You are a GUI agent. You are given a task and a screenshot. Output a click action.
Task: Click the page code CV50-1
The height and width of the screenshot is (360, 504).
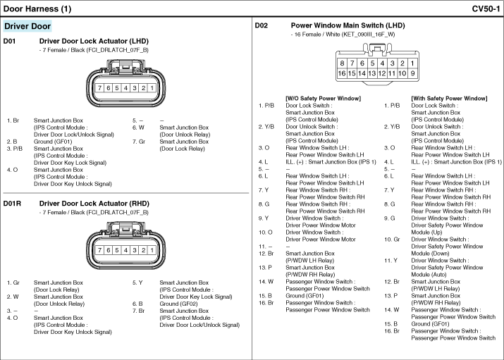pyautogui.click(x=486, y=8)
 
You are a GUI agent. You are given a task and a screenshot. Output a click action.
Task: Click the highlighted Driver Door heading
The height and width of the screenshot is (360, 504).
pyautogui.click(x=27, y=26)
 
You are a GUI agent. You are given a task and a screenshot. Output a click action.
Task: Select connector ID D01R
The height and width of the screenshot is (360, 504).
pyautogui.click(x=12, y=204)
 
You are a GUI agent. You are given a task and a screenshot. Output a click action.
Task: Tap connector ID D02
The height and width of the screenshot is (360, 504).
pyautogui.click(x=262, y=25)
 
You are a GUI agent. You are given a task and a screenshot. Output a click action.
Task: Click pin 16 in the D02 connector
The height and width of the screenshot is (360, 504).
pyautogui.click(x=342, y=73)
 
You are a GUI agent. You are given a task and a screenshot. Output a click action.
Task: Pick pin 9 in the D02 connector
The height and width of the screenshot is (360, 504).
pyautogui.click(x=412, y=73)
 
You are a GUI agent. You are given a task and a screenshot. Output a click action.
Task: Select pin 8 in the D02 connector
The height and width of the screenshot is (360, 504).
pyautogui.click(x=342, y=63)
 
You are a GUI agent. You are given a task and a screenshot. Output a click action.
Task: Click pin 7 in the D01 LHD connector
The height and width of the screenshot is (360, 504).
pyautogui.click(x=99, y=88)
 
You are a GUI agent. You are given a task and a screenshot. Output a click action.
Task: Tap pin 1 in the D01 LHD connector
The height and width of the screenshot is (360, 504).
pyautogui.click(x=152, y=88)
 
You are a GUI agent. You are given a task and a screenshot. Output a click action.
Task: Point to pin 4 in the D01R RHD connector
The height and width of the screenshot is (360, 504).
pyautogui.click(x=125, y=250)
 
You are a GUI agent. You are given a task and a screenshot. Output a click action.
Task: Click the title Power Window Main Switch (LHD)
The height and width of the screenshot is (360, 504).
pyautogui.click(x=348, y=25)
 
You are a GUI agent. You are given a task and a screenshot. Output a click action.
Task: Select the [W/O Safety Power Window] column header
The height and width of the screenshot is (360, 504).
pyautogui.click(x=323, y=98)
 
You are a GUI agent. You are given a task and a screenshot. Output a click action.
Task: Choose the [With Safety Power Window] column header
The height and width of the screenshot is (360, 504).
pyautogui.click(x=449, y=98)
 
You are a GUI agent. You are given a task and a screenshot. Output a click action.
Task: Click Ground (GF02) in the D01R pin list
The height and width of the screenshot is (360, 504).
pyautogui.click(x=178, y=304)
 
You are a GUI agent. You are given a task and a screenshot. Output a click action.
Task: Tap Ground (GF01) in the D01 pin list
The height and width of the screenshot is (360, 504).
pyautogui.click(x=53, y=142)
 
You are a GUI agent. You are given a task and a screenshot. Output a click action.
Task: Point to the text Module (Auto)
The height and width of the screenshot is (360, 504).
pyautogui.click(x=429, y=275)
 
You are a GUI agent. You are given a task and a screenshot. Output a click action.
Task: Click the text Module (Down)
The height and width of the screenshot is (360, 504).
pyautogui.click(x=430, y=254)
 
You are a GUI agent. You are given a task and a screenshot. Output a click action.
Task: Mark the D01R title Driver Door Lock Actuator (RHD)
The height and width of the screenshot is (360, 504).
pyautogui.click(x=94, y=204)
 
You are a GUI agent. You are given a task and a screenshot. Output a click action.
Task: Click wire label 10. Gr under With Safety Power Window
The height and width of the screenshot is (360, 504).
pyautogui.click(x=392, y=240)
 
